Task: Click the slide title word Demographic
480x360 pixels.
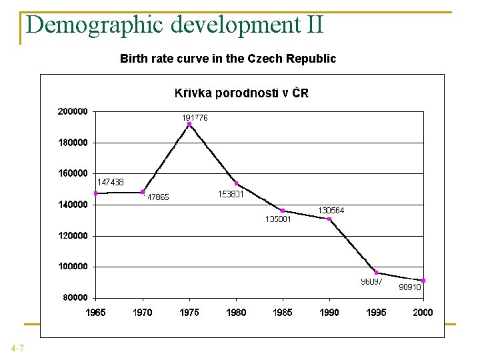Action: pos(95,25)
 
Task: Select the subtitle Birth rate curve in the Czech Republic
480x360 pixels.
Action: pos(228,59)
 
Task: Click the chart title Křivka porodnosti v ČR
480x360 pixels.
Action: pos(241,93)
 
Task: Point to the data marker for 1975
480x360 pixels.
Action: pos(189,124)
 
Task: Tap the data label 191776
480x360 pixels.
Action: pos(195,117)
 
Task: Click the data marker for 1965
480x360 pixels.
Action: pos(96,193)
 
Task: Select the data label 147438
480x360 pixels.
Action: pos(111,181)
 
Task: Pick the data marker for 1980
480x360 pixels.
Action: pos(236,183)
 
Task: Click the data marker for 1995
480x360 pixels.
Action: pos(376,273)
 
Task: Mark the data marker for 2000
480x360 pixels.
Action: pos(423,281)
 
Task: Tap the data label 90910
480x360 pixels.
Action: pos(409,287)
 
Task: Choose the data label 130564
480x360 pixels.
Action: pos(331,210)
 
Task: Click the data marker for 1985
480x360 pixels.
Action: pos(283,211)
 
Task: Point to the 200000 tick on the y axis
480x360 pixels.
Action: pos(72,111)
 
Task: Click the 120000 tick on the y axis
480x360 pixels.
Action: pos(72,235)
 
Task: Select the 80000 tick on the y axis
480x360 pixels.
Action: pos(75,297)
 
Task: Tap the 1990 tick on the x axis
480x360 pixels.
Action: pos(329,313)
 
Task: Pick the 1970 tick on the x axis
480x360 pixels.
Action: pos(143,313)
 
